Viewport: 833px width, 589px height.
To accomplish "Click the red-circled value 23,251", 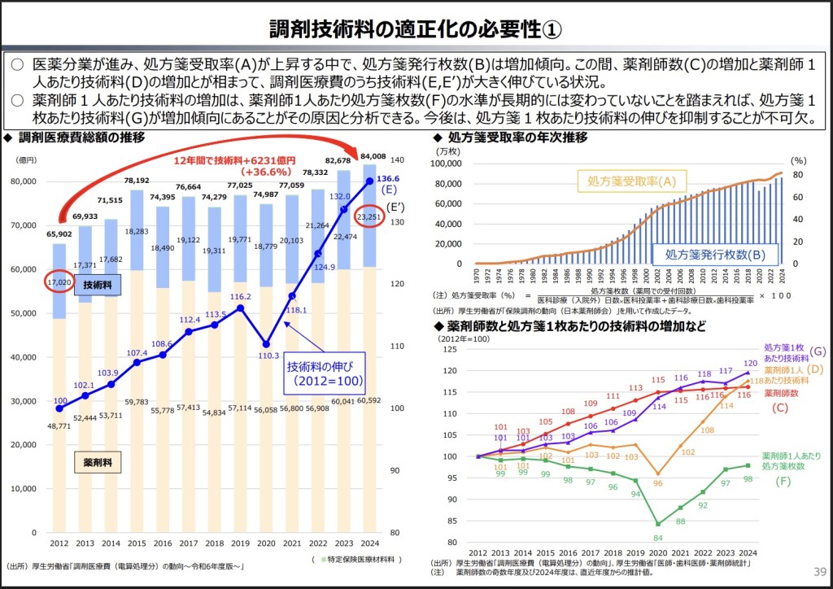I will tap(373, 217).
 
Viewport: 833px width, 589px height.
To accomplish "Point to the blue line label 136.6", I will tap(389, 179).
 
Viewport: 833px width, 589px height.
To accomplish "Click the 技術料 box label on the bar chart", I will tap(98, 285).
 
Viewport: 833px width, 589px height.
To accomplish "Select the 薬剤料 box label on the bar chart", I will tap(98, 462).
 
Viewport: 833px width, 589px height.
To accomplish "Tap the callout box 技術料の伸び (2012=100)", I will tap(325, 373).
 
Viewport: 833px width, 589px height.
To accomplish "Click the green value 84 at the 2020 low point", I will tap(658, 538).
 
